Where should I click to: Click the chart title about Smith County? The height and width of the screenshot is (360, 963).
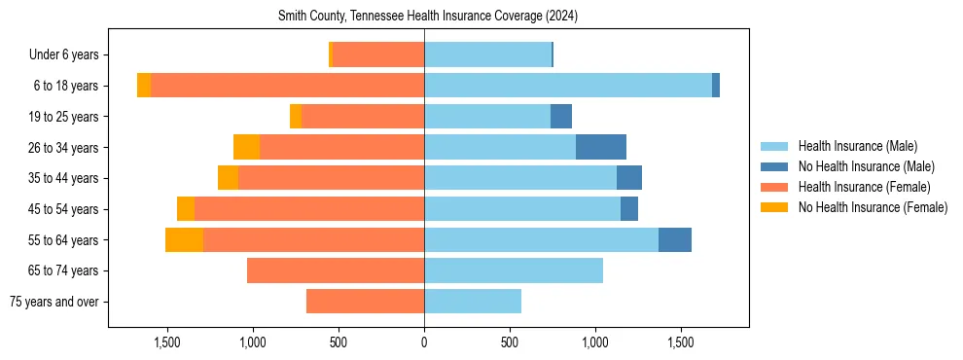(x=428, y=17)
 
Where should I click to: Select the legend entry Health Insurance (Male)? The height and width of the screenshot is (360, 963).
(x=857, y=146)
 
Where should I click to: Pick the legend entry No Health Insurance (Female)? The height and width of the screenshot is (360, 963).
(x=873, y=207)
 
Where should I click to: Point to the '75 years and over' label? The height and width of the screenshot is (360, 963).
(x=53, y=302)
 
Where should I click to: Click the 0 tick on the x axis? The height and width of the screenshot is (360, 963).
(x=424, y=342)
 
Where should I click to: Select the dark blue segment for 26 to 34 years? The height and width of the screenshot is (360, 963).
(x=600, y=148)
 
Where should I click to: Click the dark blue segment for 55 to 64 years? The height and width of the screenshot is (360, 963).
(x=674, y=240)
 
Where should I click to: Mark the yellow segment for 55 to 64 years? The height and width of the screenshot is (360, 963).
(x=184, y=240)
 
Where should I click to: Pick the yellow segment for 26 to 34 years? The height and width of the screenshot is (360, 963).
(x=246, y=148)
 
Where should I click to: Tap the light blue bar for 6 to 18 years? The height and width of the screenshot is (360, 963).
(x=568, y=86)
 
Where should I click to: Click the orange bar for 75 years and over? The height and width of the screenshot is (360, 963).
(x=365, y=302)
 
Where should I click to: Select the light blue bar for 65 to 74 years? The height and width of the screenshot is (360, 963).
(x=514, y=270)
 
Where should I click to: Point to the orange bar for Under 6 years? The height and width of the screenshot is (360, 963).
(x=378, y=55)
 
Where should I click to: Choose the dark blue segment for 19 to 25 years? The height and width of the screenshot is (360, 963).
(x=561, y=117)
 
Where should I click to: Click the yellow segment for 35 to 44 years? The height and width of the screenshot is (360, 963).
(x=228, y=178)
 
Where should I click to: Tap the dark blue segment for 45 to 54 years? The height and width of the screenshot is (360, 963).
(x=629, y=209)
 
